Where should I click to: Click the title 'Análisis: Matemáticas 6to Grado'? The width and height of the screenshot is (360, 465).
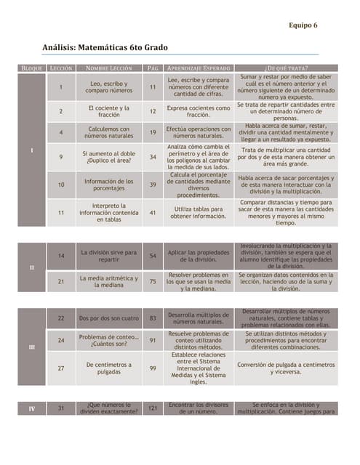105,47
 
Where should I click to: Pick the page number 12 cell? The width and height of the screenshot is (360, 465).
153,112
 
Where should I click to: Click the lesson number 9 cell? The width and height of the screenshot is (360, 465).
61,157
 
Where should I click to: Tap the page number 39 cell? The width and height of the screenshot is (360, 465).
153,185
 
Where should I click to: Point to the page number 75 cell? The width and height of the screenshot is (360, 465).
153,281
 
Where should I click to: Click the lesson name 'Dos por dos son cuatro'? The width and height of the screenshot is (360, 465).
109,318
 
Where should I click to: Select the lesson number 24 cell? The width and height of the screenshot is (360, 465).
61,340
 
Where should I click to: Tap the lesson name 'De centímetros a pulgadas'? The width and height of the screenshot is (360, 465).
109,368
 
